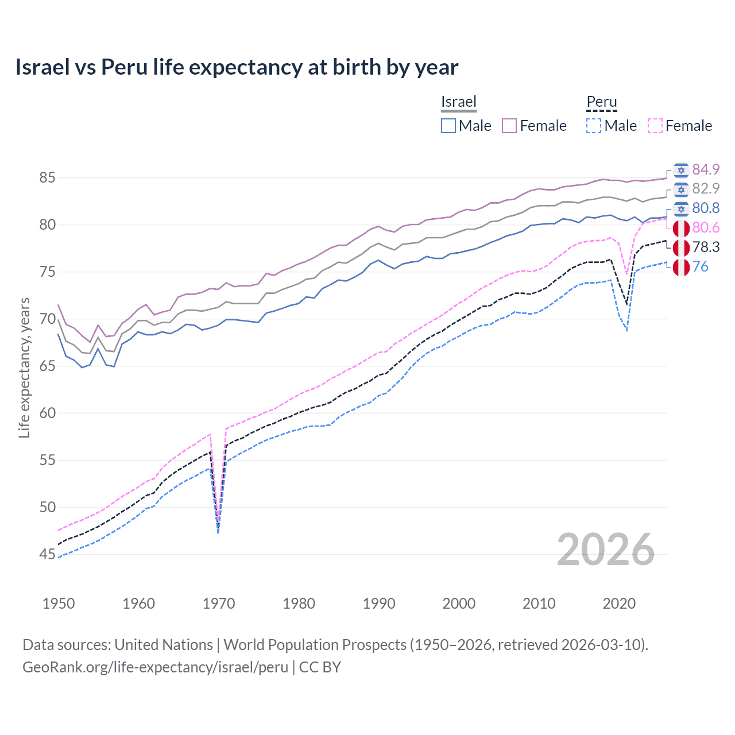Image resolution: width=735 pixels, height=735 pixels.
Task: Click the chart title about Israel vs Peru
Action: [237, 67]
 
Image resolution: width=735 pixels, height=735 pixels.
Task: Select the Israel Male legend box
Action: [448, 126]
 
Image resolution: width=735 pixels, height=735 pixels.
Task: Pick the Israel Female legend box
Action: [509, 126]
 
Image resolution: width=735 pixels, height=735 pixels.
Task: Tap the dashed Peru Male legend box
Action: [594, 126]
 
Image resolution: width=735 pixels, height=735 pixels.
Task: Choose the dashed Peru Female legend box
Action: [655, 126]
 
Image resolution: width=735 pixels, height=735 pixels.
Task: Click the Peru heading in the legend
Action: [601, 102]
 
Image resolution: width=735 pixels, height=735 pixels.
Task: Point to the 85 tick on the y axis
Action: [47, 178]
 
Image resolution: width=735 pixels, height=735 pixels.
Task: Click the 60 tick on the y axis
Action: [47, 413]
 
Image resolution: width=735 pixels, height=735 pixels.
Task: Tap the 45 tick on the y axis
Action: [47, 554]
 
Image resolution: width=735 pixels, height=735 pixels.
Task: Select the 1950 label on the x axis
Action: [59, 604]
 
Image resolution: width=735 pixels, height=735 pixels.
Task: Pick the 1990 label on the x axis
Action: [379, 604]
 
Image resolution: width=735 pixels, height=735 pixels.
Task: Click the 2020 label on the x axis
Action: [619, 604]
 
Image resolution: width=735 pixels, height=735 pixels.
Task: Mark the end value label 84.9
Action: [706, 169]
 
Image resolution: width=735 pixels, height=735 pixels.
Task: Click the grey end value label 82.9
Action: [706, 189]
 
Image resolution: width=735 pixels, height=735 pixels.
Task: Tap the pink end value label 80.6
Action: [706, 228]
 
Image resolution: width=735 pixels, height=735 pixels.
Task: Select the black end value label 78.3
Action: [706, 247]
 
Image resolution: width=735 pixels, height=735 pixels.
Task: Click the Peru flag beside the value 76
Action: [681, 267]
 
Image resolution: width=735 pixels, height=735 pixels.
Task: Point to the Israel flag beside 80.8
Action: [681, 208]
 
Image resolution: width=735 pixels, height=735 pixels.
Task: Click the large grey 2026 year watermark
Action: [606, 550]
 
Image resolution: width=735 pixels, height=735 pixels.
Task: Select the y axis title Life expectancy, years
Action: [24, 367]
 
